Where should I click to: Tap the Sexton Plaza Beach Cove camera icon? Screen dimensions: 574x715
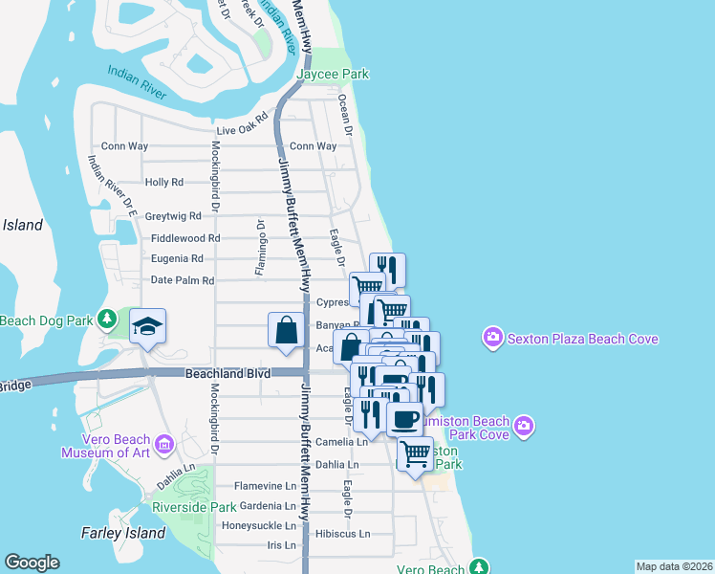[493, 337]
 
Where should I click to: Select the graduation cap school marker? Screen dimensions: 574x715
[147, 327]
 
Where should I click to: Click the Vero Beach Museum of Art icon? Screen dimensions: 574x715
[163, 445]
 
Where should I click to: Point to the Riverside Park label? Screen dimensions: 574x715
[193, 506]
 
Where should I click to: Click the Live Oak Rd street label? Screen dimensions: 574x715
[242, 130]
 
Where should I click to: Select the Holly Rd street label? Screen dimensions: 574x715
[163, 182]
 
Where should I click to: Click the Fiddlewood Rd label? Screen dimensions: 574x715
[185, 238]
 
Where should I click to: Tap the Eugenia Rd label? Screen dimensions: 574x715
[177, 258]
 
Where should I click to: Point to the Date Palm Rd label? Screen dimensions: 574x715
[183, 280]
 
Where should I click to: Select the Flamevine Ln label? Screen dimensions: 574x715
[265, 486]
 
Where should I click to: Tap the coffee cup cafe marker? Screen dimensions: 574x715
[404, 418]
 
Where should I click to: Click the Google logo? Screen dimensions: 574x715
[32, 563]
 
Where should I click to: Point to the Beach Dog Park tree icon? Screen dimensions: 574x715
[109, 317]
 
